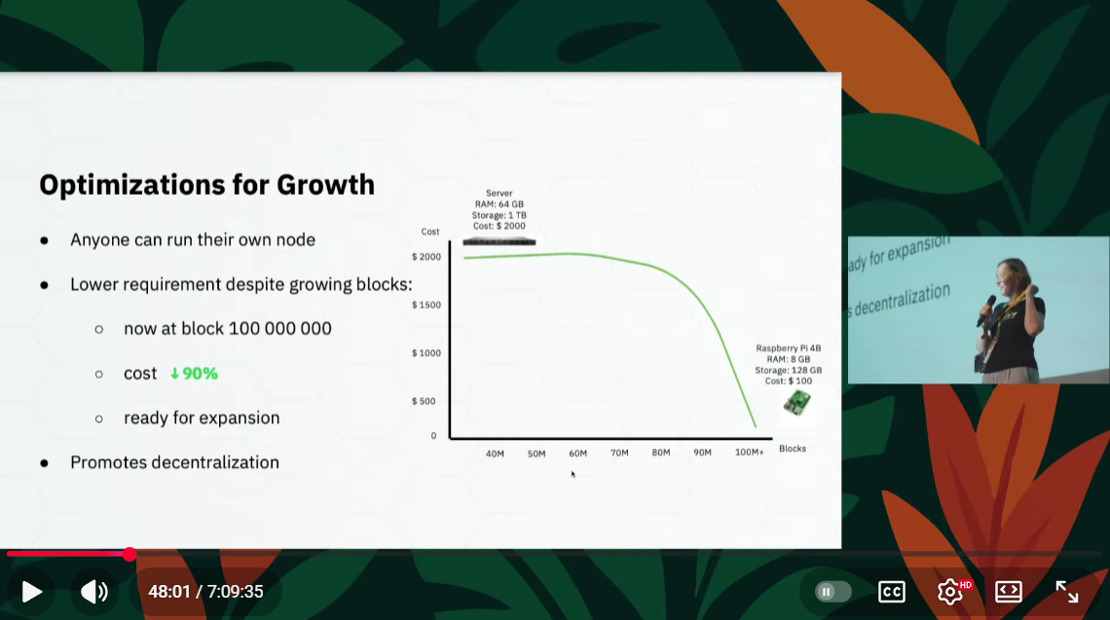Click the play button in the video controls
(32, 592)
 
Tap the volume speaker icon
(94, 592)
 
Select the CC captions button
(891, 592)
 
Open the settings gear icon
(950, 592)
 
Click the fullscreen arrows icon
(1067, 592)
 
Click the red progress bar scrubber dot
(129, 554)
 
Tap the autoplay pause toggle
(832, 592)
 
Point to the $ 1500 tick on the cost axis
(426, 305)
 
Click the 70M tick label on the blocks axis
(619, 453)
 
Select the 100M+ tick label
(749, 453)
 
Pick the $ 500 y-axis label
(424, 401)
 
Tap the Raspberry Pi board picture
(797, 403)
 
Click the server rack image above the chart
(499, 242)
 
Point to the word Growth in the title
(325, 186)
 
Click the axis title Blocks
(793, 449)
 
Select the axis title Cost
(429, 232)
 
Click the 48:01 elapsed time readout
(169, 592)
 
